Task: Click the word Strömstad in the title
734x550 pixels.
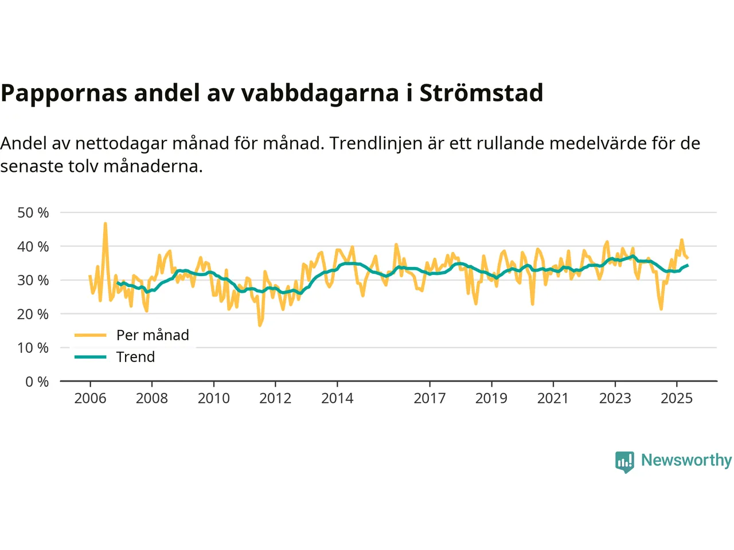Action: (x=481, y=93)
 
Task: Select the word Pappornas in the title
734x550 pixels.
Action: (x=64, y=93)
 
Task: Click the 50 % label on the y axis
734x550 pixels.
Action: (x=33, y=213)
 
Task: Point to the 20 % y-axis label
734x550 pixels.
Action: (x=33, y=314)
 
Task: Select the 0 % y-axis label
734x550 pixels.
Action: (x=37, y=382)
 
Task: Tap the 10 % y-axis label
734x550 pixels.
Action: (x=33, y=348)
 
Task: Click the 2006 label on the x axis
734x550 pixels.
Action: (x=90, y=398)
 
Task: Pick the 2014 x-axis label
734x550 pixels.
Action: (x=337, y=398)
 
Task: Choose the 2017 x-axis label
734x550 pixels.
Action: (x=430, y=398)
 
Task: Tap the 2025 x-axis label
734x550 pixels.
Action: (x=677, y=398)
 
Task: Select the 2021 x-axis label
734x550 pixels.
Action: (x=553, y=398)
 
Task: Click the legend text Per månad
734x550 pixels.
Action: (x=153, y=335)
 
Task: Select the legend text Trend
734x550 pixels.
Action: (x=135, y=357)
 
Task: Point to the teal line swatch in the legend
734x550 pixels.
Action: (x=91, y=357)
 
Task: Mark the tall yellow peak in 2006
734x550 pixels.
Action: (x=106, y=224)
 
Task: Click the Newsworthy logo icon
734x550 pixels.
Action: (x=624, y=461)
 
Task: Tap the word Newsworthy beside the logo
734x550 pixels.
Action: (x=686, y=460)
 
